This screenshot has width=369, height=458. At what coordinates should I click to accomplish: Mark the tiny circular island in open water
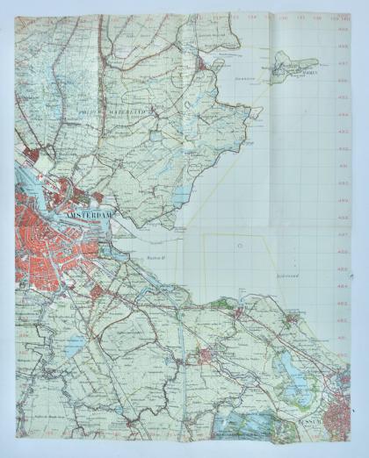click(236, 248)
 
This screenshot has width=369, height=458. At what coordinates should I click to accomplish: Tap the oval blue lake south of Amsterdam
click(76, 345)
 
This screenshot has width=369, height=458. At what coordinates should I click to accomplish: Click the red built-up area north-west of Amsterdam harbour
click(31, 158)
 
